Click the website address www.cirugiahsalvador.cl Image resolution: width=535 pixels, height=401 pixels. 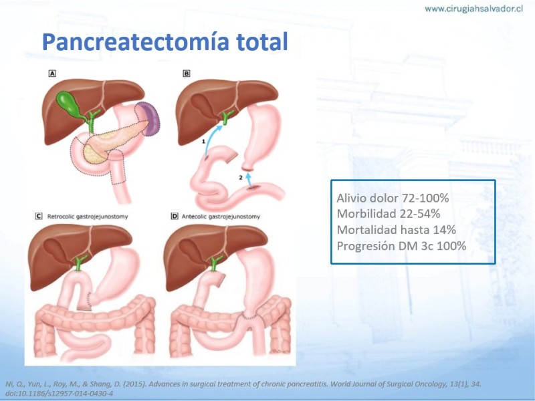(473, 9)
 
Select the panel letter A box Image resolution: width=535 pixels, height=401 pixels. (52, 74)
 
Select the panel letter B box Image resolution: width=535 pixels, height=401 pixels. (187, 74)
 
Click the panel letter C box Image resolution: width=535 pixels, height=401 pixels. (39, 216)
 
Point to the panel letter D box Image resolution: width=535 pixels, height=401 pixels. (175, 216)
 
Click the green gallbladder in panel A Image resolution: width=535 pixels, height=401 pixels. (70, 104)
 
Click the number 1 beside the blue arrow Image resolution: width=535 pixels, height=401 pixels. (203, 141)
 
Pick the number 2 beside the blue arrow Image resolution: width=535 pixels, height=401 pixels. (241, 178)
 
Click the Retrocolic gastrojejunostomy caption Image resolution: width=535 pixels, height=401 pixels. (88, 217)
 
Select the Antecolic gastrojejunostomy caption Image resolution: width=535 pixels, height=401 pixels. (221, 217)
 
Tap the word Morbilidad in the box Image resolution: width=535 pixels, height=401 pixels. (366, 214)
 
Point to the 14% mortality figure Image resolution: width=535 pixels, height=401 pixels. (445, 230)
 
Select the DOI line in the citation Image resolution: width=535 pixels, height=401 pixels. (59, 394)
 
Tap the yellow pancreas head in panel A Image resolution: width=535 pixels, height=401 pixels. (94, 152)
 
